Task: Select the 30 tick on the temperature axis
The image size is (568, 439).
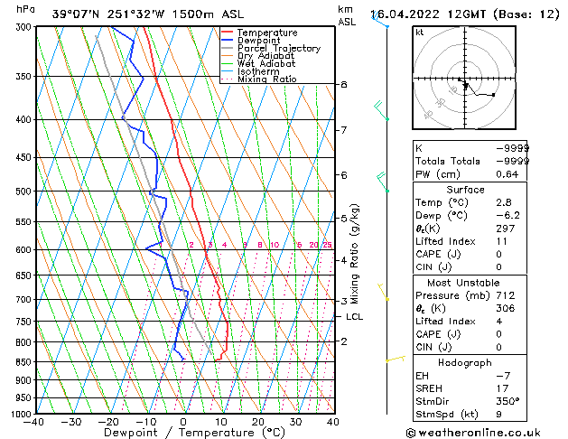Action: point(295,422)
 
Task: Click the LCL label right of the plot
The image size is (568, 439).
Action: point(354,317)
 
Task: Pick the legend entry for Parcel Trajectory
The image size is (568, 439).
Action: point(278,49)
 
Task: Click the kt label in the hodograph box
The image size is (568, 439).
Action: point(420,33)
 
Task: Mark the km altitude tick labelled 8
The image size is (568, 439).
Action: point(343,84)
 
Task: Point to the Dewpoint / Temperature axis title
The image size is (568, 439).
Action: point(183,434)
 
